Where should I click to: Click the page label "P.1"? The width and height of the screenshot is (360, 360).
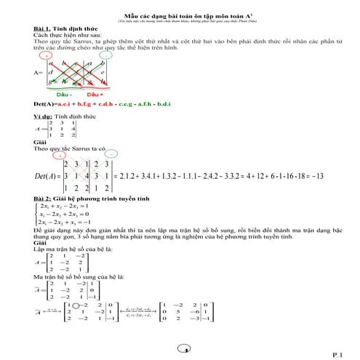(x=337, y=354)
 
